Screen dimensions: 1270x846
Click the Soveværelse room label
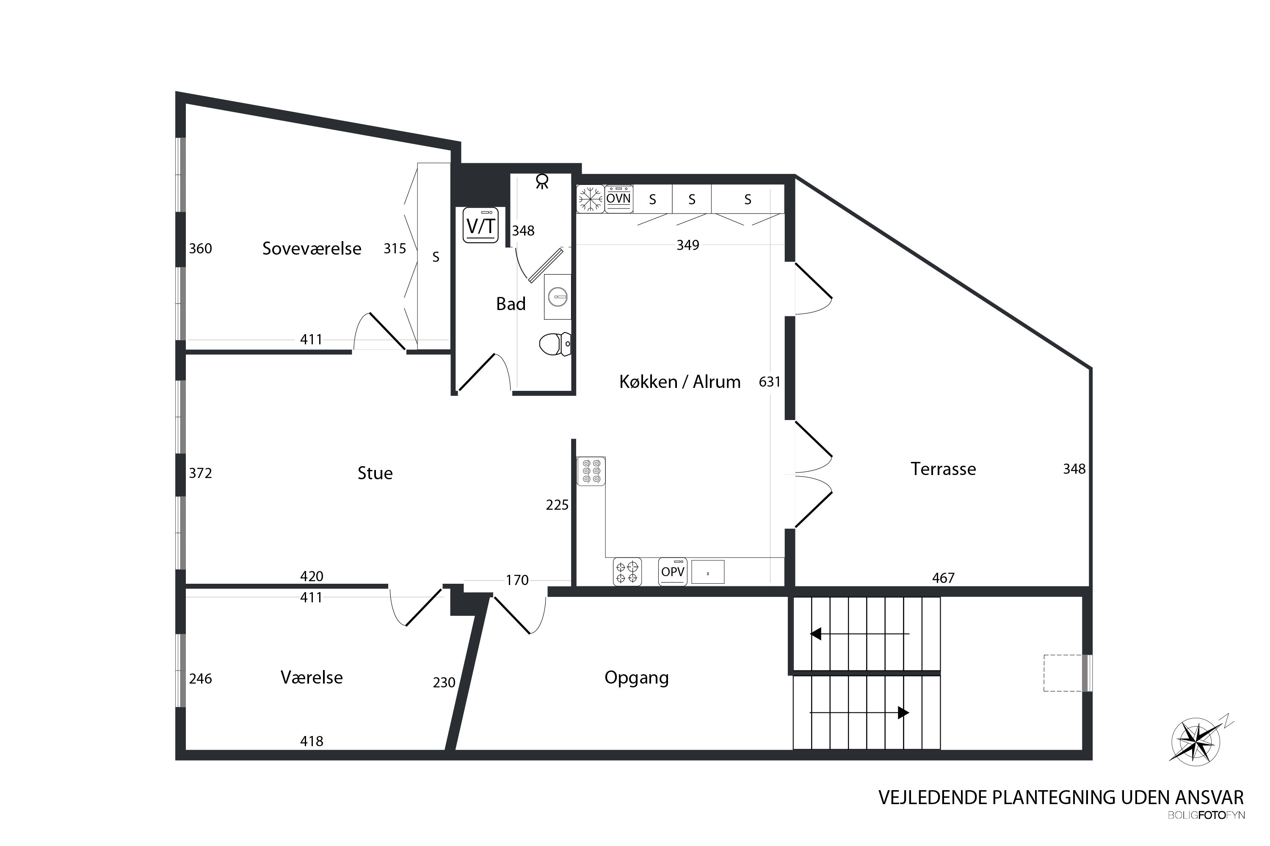(312, 248)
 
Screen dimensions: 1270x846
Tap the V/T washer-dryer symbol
(480, 225)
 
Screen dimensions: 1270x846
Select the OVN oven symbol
(618, 198)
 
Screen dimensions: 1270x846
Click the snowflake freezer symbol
(590, 198)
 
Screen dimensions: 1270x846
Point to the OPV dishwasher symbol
(673, 571)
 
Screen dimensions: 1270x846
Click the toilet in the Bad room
(555, 343)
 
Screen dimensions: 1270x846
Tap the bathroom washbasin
(557, 297)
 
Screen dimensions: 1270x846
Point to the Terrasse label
(943, 469)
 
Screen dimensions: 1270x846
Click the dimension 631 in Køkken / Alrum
(770, 382)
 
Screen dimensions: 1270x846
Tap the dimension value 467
(943, 578)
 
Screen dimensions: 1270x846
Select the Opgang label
(637, 678)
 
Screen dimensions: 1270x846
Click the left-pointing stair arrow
(860, 633)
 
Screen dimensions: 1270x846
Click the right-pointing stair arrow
(860, 713)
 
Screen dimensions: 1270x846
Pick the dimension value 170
(517, 580)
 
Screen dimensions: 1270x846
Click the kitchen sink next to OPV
(708, 572)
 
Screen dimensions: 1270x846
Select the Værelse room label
(312, 677)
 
